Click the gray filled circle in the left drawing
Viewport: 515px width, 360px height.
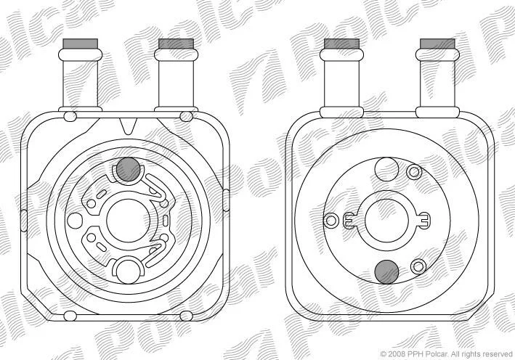click(x=129, y=169)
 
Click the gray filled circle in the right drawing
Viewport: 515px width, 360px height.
click(x=386, y=272)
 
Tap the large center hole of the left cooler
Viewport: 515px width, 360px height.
click(x=128, y=221)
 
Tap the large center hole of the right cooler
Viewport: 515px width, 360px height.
click(x=386, y=221)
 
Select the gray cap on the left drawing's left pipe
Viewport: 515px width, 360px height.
click(x=81, y=44)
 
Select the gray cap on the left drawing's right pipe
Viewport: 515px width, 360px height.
click(x=176, y=44)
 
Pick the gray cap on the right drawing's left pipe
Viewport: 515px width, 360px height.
click(x=341, y=44)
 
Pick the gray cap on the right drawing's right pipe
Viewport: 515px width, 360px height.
click(x=437, y=44)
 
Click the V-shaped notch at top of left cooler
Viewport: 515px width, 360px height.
click(x=128, y=126)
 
